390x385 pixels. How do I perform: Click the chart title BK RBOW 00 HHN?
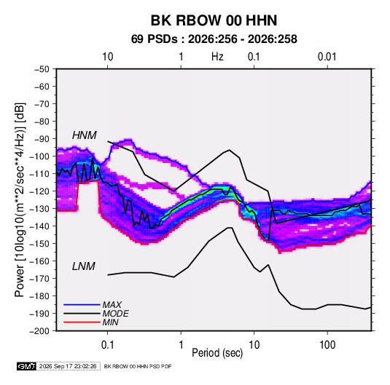(214, 20)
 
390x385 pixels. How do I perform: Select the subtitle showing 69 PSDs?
(214, 39)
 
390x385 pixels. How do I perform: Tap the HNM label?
(85, 135)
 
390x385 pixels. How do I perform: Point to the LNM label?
(84, 266)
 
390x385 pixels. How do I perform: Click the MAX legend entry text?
(112, 305)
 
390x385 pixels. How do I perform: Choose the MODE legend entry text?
(115, 314)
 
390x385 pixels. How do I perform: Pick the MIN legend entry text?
(110, 322)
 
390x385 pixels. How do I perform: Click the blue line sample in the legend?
(82, 305)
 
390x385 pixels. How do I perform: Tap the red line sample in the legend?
(82, 322)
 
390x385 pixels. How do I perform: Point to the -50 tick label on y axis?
(42, 69)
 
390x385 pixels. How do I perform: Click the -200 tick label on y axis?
(40, 331)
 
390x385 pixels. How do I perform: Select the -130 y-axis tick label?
(40, 209)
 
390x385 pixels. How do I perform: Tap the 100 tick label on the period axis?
(327, 345)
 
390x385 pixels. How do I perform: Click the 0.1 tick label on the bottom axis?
(107, 345)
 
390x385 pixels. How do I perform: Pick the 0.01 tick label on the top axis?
(327, 57)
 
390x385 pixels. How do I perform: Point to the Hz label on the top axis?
(217, 57)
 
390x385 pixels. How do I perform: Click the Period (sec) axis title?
(217, 353)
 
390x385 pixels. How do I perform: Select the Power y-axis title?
(20, 199)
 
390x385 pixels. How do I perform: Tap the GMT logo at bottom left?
(26, 366)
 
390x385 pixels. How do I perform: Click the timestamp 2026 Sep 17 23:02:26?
(68, 366)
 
